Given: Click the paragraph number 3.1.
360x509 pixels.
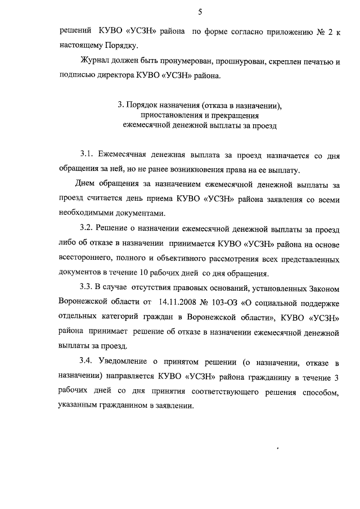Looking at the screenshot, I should [87, 154].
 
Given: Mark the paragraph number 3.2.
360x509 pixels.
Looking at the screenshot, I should [87, 229].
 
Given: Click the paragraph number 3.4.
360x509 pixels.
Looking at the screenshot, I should [87, 361].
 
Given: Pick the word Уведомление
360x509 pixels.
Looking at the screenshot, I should [127, 361].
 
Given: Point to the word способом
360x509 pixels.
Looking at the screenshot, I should [320, 390].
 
